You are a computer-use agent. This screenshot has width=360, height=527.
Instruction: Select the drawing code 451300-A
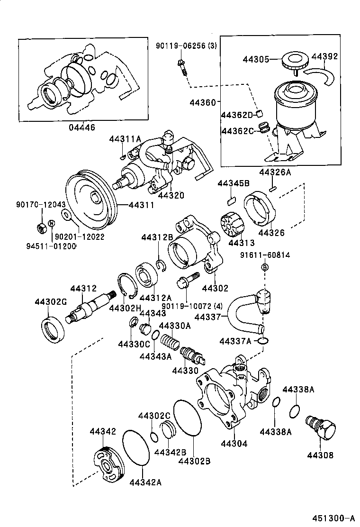coord(332,518)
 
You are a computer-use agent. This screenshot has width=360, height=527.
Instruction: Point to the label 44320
coord(171,195)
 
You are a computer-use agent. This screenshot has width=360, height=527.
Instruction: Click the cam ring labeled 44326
coord(259,208)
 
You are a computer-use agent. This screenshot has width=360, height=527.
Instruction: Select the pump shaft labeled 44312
coord(90,309)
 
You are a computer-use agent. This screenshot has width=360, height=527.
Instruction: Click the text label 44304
coord(234,444)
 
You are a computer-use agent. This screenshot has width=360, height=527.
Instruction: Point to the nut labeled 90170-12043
coord(41,227)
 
